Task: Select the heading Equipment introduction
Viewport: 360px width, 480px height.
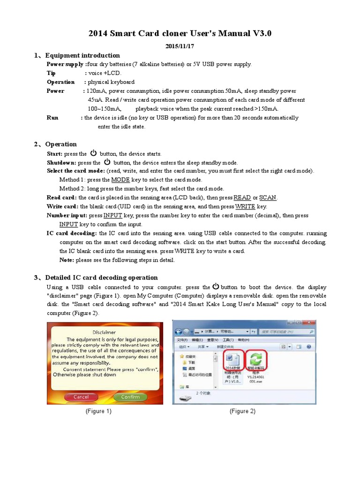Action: coord(82,55)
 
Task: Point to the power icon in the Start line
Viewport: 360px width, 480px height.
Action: coord(93,153)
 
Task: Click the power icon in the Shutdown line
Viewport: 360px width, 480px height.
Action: coord(107,162)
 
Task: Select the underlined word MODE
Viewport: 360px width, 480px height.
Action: coord(120,180)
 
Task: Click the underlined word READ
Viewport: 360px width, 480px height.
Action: coord(242,198)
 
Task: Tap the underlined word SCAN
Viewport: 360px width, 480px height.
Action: coord(268,198)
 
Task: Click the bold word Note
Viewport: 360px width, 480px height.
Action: coord(66,260)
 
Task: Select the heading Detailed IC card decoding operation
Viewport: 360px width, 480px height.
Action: coord(101,277)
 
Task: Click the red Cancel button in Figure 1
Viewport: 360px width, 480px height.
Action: coord(81,397)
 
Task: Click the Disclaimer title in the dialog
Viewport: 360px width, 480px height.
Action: coord(104,332)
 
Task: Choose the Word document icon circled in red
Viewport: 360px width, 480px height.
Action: coord(233,359)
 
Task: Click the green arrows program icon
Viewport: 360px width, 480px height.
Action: coord(257,359)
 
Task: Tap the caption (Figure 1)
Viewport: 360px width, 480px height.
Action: coord(98,411)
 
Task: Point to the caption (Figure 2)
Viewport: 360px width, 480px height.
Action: coord(242,411)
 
